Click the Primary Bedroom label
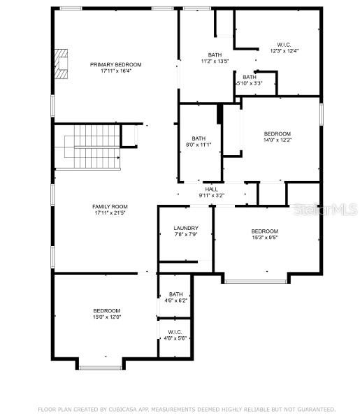(x=115, y=64)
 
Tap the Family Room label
(x=110, y=206)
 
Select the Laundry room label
(x=186, y=228)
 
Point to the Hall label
(x=211, y=189)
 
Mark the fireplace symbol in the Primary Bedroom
(x=62, y=65)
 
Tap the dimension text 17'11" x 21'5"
(x=110, y=213)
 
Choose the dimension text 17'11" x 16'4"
(x=115, y=71)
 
